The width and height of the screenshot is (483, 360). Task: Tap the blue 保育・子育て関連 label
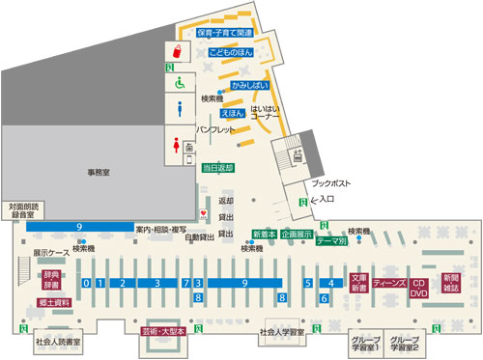pyautogui.click(x=225, y=33)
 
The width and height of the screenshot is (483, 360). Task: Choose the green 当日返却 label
pyautogui.click(x=217, y=167)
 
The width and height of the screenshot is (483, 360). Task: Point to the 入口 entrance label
pyautogui.click(x=326, y=200)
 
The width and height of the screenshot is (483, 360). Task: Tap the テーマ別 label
pyautogui.click(x=331, y=241)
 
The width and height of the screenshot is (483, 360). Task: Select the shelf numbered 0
pyautogui.click(x=87, y=283)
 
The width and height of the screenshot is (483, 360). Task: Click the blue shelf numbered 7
pyautogui.click(x=185, y=283)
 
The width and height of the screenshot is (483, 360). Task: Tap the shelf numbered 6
pyautogui.click(x=325, y=299)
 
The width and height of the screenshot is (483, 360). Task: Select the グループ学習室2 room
pyautogui.click(x=404, y=343)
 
